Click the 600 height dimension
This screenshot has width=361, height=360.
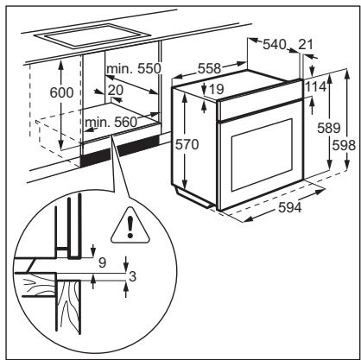61,92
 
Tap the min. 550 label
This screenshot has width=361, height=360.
134,69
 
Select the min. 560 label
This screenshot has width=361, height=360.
111,123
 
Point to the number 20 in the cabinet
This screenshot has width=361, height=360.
116,91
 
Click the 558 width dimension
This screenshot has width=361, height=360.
209,69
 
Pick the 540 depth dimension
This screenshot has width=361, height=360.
275,45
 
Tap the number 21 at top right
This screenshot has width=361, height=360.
306,45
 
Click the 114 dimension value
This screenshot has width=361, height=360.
315,86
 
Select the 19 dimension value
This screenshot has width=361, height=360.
216,89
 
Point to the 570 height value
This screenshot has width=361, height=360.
187,144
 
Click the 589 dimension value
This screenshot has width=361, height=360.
329,128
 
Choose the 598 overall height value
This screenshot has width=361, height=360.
344,145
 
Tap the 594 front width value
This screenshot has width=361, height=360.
290,207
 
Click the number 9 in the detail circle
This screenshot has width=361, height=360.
102,262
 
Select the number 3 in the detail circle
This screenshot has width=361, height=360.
132,276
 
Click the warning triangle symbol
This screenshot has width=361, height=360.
130,225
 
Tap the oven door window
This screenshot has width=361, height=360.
262,155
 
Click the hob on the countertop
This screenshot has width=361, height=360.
92,35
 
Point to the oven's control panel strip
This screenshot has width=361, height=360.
260,109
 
